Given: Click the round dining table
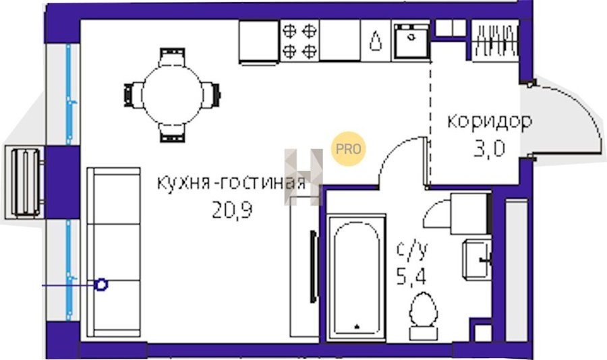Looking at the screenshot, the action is (x=172, y=95).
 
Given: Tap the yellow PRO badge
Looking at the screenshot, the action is (x=348, y=149).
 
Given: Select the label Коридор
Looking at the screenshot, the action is (x=490, y=122).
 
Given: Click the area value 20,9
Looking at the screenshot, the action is (x=232, y=210).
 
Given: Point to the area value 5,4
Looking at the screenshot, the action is (x=411, y=276).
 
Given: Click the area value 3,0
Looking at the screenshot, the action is (x=490, y=148).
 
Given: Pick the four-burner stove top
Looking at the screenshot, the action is (x=299, y=41).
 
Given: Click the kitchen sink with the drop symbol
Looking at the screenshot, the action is (x=375, y=41).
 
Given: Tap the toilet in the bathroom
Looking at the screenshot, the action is (x=424, y=316).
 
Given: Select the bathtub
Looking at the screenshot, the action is (x=356, y=278).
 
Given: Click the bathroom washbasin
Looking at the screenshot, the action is (x=477, y=260).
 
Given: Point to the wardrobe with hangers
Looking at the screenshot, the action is (x=495, y=40).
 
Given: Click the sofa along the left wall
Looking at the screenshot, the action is (x=113, y=252).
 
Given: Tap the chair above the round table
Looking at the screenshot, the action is (x=172, y=57).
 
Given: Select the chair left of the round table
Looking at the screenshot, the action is (x=133, y=95).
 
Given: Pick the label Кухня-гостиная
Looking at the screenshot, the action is (x=231, y=183).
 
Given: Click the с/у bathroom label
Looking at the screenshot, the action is (x=412, y=250).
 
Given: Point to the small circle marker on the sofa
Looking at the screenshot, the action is (x=101, y=285).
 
